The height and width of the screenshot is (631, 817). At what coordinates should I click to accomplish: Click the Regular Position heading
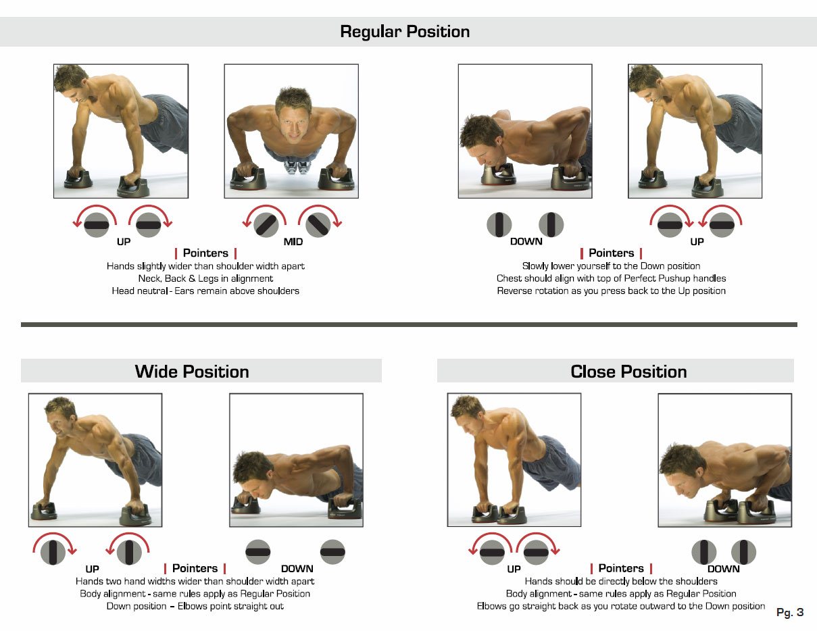point(405,32)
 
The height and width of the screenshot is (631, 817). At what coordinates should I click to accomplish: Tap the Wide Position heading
point(192,372)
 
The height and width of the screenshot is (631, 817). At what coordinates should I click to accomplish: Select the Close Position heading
point(628,372)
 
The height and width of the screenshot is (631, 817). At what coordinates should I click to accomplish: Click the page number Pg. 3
point(790,612)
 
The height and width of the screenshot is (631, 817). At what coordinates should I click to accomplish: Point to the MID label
point(293,242)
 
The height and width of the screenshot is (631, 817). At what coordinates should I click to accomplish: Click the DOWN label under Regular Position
point(526,241)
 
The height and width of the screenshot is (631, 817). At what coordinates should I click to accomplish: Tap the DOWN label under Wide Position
point(297,569)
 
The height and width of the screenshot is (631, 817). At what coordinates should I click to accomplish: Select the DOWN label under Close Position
point(723,569)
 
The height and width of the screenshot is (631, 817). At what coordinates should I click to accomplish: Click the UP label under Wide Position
point(92,569)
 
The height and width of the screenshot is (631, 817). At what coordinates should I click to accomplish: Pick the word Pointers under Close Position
point(621,568)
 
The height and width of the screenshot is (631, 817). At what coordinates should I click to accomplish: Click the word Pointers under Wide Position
point(195,568)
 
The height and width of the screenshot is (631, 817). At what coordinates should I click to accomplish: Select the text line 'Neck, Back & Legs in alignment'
point(205,278)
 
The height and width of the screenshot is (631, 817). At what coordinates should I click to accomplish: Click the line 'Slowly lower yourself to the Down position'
point(612,266)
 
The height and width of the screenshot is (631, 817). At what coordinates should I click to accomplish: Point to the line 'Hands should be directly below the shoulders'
point(621,582)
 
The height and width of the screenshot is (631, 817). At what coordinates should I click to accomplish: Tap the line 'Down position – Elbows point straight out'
point(195,606)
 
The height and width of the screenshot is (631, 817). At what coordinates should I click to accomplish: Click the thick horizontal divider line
point(409,325)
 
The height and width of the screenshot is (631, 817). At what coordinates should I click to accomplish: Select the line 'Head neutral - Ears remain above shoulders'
point(205,291)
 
